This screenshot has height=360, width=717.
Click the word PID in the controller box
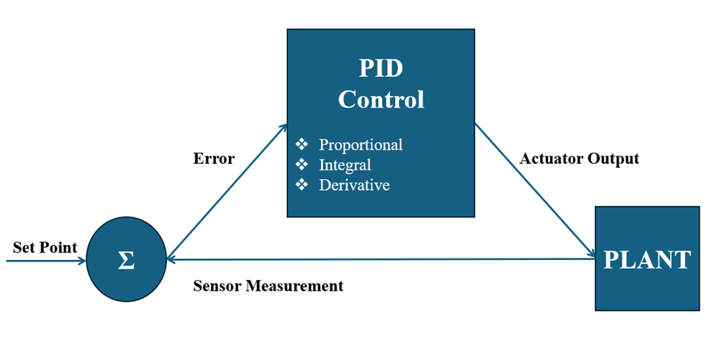click(x=381, y=69)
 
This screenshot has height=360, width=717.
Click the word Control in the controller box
click(x=381, y=99)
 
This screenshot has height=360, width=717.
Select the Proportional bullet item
click(x=360, y=145)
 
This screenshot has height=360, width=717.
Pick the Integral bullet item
click(x=345, y=165)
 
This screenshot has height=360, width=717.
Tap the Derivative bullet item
click(x=354, y=185)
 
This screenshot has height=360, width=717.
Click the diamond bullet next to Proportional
click(x=303, y=145)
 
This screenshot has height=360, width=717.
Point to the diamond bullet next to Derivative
click(x=303, y=185)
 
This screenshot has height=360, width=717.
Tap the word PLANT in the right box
click(x=647, y=259)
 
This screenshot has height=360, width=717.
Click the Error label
click(x=214, y=159)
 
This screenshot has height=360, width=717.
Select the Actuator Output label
click(x=579, y=159)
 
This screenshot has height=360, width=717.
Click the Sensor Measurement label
click(x=268, y=286)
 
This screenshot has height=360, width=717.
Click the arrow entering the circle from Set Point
click(x=46, y=261)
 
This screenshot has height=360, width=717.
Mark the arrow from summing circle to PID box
click(x=227, y=191)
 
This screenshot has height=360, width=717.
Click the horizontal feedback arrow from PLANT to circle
click(x=381, y=260)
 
